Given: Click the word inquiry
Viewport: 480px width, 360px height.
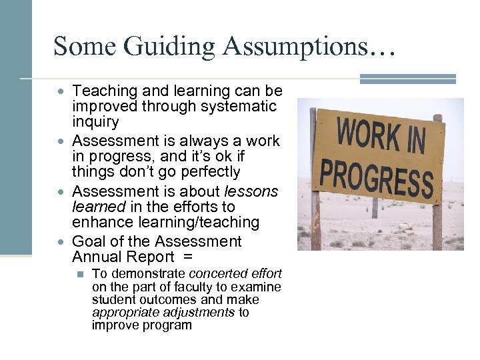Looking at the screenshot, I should (x=95, y=122).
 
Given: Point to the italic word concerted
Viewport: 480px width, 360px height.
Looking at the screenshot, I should (x=215, y=274).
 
